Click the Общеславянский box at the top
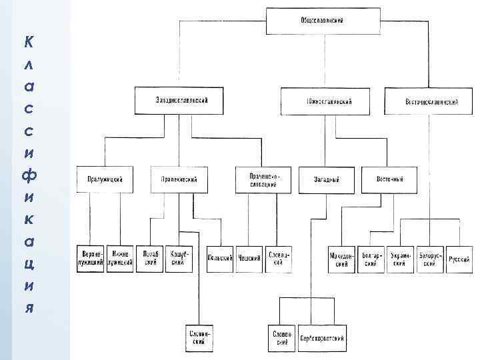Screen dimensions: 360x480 [x=322, y=21]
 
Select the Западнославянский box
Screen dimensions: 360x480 [x=179, y=100]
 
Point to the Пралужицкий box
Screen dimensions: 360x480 [x=104, y=179]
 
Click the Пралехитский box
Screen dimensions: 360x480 [x=179, y=179]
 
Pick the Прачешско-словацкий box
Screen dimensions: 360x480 [x=263, y=180]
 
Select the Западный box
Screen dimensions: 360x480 [x=327, y=180]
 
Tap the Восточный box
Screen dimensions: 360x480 [x=390, y=179]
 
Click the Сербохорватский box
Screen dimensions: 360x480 [x=322, y=339]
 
